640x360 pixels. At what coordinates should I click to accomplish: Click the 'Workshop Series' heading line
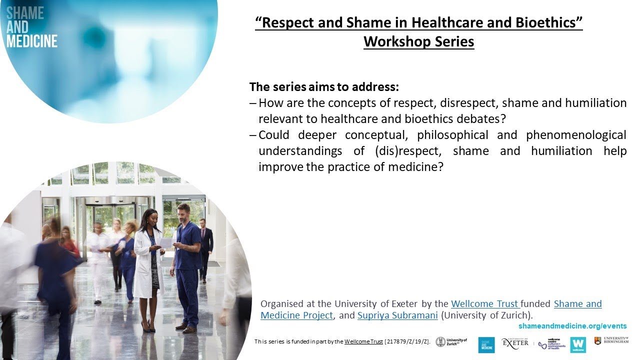418,41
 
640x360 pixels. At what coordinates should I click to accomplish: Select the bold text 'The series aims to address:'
324,86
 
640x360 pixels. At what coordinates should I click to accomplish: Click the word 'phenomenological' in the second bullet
576,135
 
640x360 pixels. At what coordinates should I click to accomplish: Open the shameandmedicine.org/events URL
572,326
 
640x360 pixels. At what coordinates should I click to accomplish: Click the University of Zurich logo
451,342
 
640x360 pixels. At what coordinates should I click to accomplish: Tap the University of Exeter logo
515,342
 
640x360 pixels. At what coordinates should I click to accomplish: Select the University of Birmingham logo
611,341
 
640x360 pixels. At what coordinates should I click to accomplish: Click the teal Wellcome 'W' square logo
578,344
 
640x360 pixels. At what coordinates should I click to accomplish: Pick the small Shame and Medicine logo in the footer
486,344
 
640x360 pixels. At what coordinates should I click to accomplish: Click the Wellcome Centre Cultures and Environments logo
552,344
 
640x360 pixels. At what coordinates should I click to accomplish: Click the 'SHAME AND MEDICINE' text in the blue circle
31,27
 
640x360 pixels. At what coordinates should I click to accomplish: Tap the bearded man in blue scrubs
187,265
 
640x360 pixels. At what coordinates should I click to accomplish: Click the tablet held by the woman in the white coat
166,242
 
